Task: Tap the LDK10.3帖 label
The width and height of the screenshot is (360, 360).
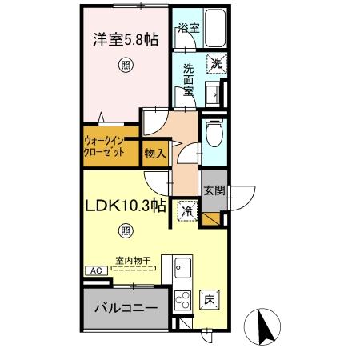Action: pos(126,206)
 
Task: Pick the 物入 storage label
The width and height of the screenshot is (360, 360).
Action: pos(154,152)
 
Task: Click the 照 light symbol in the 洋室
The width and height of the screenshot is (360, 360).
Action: pos(125,65)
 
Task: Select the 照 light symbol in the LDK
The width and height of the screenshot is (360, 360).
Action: pos(126,232)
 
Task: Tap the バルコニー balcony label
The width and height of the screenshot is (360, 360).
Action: pos(125,306)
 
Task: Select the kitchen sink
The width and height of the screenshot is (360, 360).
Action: pos(181,266)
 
